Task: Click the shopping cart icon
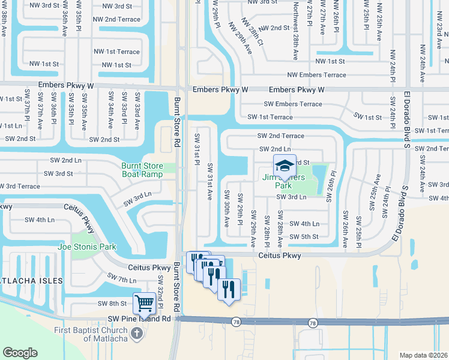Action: click(x=145, y=304)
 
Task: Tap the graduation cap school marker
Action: click(x=285, y=166)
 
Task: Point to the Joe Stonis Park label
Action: click(x=86, y=247)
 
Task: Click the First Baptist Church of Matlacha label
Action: click(x=88, y=334)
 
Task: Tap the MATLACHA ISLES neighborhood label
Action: click(x=31, y=281)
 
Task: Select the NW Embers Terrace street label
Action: click(x=316, y=75)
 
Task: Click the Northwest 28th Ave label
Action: click(x=295, y=30)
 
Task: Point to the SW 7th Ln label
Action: click(x=122, y=278)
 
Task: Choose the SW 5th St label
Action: click(x=304, y=236)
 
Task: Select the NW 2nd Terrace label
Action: click(x=116, y=19)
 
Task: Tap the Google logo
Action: click(x=20, y=353)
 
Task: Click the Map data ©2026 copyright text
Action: click(x=423, y=355)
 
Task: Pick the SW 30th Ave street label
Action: click(x=227, y=208)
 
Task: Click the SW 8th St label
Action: click(x=112, y=304)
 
